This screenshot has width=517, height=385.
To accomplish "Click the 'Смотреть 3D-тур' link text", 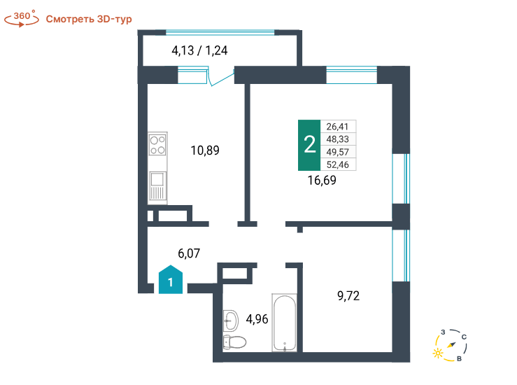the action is point(89,19).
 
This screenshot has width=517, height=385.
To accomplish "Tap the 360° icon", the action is point(22,19).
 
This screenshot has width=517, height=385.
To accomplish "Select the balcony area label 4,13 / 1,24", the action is point(199,50).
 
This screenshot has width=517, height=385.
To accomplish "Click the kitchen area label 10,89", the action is point(205,150).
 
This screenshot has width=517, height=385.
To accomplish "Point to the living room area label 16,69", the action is point(322,181).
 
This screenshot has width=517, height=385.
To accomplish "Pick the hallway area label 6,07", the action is point(189,253).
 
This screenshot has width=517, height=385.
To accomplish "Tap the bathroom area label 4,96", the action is point(257,319).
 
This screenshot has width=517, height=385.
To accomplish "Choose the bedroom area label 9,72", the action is point(348,296).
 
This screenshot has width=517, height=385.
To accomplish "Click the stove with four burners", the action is point(157,144).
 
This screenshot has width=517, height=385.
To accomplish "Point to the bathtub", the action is point(284,323).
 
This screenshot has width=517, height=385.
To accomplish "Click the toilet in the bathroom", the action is point(234,342).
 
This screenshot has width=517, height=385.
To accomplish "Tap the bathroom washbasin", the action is point(231,321).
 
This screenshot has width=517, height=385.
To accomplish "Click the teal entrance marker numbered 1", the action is point(171,279).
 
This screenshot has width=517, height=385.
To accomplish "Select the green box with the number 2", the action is point(309,145).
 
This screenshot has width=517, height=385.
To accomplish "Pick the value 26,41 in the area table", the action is point(337,127).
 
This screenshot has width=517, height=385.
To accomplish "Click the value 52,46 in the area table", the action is point(338,164).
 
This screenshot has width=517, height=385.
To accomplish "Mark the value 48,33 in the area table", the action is point(338,139).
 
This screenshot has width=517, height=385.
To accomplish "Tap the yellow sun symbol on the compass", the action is point(438,353).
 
